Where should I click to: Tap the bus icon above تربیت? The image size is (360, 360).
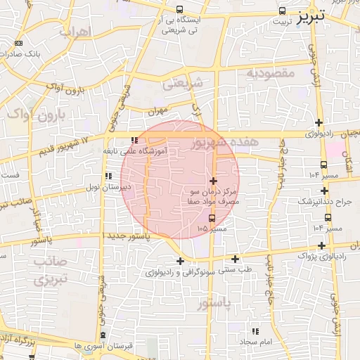click(282, 11)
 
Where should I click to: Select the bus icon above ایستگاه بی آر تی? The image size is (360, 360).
click(180, 10)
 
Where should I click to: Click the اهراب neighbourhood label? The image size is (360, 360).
click(76, 32)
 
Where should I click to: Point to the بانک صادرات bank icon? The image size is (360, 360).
click(18, 43)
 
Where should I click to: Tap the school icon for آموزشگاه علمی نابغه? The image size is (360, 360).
click(124, 139)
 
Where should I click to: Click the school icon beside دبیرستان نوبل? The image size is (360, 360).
click(108, 176)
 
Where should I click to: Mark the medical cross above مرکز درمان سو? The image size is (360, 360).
click(214, 181)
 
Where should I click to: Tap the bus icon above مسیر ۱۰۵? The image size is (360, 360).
click(202, 219)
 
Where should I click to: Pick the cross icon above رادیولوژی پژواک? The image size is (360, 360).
click(322, 246)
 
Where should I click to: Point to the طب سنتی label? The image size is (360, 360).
click(237, 269)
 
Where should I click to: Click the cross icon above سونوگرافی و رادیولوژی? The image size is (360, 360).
click(181, 261)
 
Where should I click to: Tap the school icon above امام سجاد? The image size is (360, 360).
click(255, 330)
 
